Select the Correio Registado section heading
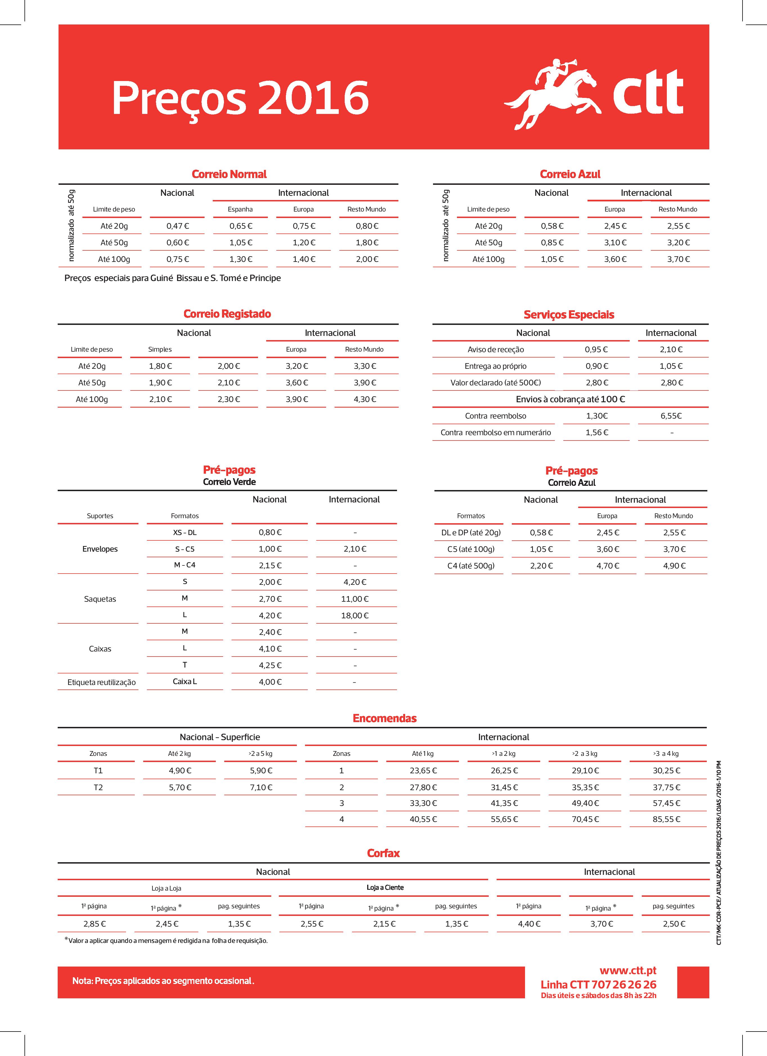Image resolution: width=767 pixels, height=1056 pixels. point(227,314)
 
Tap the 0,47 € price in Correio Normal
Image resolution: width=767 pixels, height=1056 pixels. point(178,226)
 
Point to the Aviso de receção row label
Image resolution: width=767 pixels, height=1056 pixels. point(495,349)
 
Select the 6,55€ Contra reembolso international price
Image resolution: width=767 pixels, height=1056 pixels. point(671,416)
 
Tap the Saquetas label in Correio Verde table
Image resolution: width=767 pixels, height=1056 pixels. point(100,599)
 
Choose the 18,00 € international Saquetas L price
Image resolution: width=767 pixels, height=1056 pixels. point(355,615)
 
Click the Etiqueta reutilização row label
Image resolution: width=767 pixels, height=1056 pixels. point(102,682)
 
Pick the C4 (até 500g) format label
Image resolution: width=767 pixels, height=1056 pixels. point(471,566)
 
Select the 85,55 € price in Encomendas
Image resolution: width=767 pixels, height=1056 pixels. point(666,819)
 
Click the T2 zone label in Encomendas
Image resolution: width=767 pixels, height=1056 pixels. point(98,787)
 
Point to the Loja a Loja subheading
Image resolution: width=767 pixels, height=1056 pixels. point(166,888)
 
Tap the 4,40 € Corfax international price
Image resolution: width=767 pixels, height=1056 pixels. point(529,924)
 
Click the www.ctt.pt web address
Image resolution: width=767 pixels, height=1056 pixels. point(628,970)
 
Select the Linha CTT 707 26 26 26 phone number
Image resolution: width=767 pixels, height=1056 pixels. point(598,985)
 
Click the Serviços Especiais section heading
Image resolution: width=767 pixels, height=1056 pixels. point(569,315)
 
